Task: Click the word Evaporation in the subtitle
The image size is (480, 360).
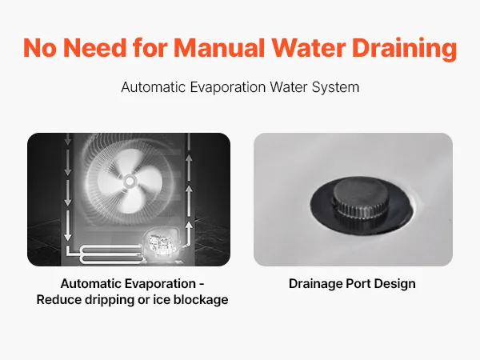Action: pos(227,87)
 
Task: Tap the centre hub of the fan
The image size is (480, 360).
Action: pos(130,182)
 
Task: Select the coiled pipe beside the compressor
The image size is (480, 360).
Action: pos(111,254)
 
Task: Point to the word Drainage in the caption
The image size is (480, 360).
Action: pos(316,284)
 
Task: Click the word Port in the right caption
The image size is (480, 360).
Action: pos(358,284)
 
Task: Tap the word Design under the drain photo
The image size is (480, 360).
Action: pos(395,284)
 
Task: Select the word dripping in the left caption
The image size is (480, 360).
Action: pos(110,300)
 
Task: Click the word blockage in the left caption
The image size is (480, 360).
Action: pos(201,300)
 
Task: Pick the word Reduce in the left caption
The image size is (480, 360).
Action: pos(59,300)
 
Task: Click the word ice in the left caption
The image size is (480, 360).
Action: pos(162,300)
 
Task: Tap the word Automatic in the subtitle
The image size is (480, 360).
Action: pos(154,87)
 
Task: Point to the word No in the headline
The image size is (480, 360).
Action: pos(40,48)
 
